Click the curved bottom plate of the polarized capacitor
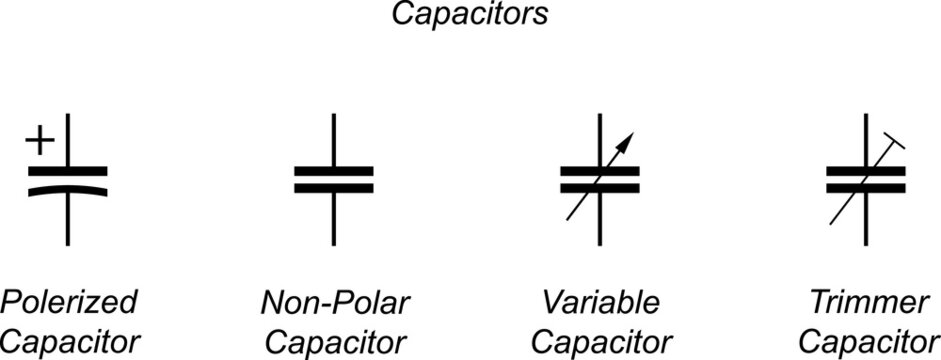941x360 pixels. pyautogui.click(x=68, y=187)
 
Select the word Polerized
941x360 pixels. pyautogui.click(x=68, y=302)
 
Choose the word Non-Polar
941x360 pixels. pyautogui.click(x=335, y=302)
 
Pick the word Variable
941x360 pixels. pyautogui.click(x=601, y=302)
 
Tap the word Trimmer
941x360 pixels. pyautogui.click(x=867, y=302)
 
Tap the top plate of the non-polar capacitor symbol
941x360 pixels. pyautogui.click(x=334, y=171)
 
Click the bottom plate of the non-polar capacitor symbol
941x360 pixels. pyautogui.click(x=334, y=187)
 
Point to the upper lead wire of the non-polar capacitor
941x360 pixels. pyautogui.click(x=334, y=140)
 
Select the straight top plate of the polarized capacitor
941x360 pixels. pyautogui.click(x=68, y=171)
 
